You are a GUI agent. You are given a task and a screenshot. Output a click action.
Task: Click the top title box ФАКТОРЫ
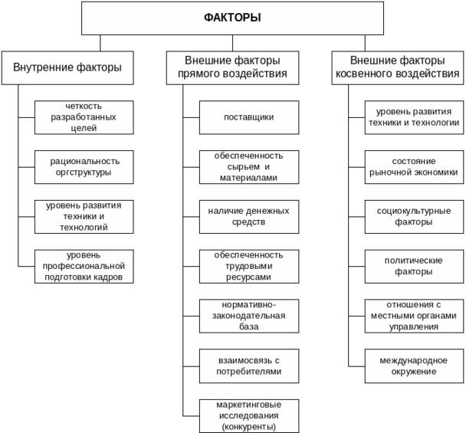[x=232, y=18]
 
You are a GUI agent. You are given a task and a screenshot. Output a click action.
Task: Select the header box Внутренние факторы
[x=67, y=67]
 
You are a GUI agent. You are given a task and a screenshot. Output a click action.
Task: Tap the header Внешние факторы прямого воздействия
[x=232, y=67]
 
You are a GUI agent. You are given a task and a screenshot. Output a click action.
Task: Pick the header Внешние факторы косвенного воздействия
[x=398, y=67]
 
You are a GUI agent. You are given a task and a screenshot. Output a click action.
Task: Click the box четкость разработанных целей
[x=84, y=117]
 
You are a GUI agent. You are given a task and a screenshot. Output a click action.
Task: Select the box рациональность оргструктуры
[x=84, y=166]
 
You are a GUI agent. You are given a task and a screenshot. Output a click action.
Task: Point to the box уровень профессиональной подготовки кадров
[x=84, y=266]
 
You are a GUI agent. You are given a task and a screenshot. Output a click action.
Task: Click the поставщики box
[x=249, y=117]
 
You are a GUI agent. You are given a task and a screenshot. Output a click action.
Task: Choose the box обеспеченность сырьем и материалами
[x=249, y=166]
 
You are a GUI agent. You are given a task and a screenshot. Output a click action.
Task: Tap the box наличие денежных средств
[x=249, y=216]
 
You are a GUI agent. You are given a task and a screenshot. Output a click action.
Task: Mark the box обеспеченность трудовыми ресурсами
[x=249, y=266]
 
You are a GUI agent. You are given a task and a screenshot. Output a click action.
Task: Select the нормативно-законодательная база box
[x=249, y=316]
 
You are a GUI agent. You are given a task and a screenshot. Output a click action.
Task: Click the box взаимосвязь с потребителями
[x=249, y=366]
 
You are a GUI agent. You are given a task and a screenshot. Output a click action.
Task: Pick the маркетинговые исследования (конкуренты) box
[x=249, y=415]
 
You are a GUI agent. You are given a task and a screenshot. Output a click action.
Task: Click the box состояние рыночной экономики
[x=414, y=166]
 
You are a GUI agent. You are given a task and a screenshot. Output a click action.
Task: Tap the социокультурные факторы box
[x=414, y=216]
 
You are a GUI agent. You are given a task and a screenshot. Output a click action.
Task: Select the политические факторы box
[x=414, y=266]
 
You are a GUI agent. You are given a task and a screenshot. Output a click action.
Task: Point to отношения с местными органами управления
[x=414, y=316]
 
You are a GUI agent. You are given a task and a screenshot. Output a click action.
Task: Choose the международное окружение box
[x=414, y=366]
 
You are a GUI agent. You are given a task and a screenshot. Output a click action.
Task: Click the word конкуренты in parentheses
[x=249, y=426]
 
